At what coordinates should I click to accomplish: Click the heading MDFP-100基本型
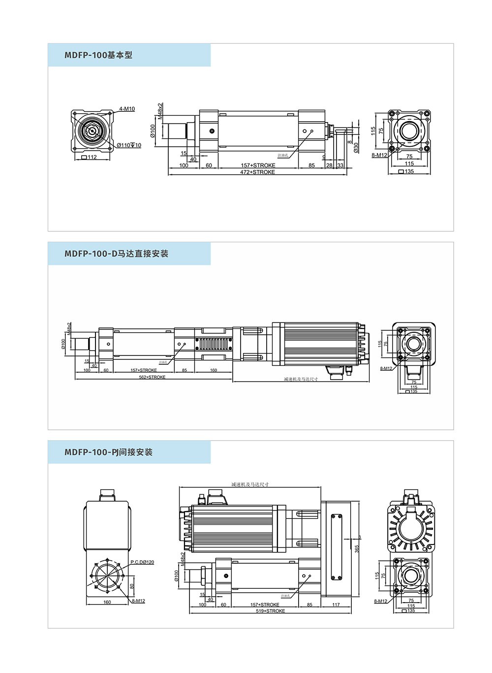(98, 55)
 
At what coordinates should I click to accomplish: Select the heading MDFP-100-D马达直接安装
(116, 254)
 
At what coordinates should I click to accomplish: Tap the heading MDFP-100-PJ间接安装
(108, 452)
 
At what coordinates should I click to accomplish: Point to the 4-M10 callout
(127, 109)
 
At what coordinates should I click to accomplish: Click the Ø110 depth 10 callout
(129, 145)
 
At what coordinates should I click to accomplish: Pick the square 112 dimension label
(90, 158)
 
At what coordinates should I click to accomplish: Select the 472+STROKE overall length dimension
(257, 172)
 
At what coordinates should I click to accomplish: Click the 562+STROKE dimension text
(152, 377)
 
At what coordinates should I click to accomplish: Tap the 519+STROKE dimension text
(270, 611)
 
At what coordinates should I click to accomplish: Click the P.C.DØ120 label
(142, 562)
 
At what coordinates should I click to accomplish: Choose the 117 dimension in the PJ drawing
(336, 605)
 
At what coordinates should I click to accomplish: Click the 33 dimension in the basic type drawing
(340, 165)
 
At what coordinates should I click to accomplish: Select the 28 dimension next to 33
(329, 165)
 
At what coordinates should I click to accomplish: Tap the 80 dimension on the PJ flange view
(132, 586)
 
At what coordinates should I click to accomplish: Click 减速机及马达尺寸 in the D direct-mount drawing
(301, 379)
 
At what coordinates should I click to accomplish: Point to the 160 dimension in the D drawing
(214, 370)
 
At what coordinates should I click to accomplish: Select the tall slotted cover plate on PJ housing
(337, 547)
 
